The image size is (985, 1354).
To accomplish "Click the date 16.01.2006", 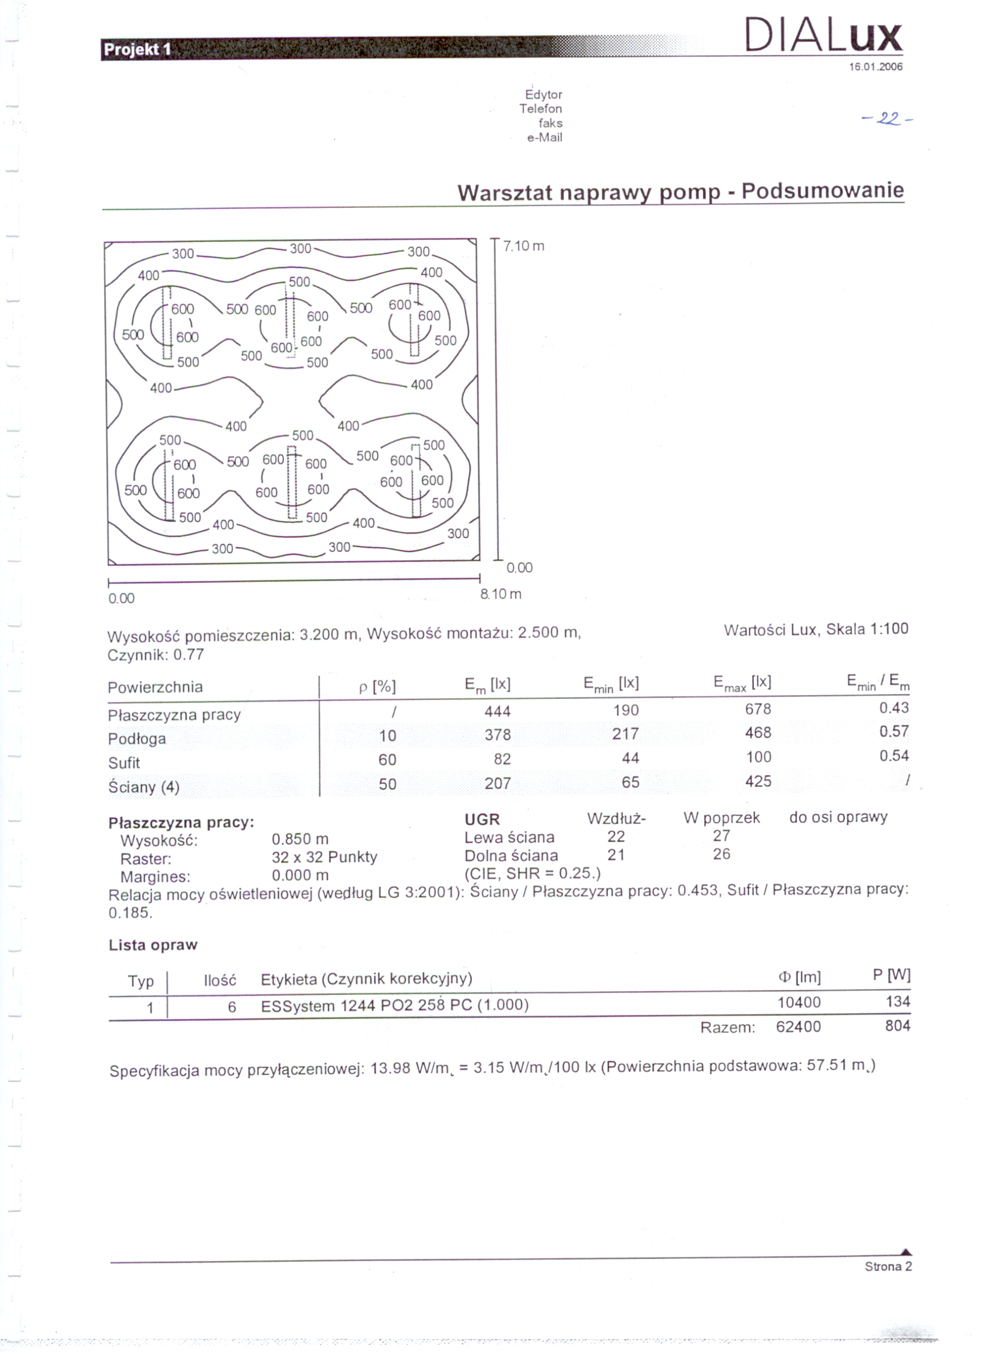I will point(875,67).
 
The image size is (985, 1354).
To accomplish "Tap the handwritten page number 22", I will point(887,120).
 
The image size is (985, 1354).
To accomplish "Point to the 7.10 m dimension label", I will point(524,246).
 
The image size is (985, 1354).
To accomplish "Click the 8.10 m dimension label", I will point(501,594).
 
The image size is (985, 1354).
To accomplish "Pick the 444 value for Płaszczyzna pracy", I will point(498,711).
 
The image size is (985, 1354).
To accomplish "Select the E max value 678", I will point(758,709).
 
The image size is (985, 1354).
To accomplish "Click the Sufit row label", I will point(123,763).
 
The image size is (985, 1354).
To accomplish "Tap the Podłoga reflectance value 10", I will point(387,735).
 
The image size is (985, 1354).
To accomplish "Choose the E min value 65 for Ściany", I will point(630,782).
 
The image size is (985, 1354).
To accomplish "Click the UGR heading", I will point(482,819).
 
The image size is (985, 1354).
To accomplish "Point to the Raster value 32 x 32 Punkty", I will point(324,857).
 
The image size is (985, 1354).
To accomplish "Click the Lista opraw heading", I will point(153,945).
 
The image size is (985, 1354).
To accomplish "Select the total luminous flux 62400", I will point(798,1027).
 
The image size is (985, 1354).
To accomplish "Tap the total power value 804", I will point(897,1026).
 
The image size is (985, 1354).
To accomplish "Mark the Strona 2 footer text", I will point(888,1267).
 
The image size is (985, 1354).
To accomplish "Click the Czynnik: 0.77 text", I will point(155,655).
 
